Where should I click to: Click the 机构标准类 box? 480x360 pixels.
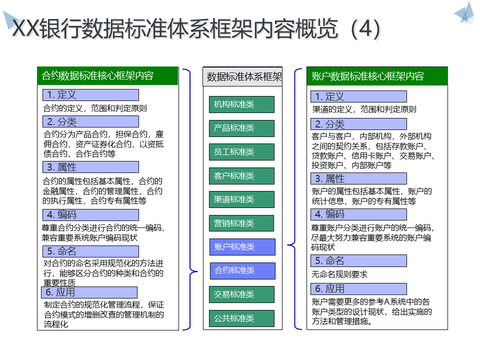click(x=241, y=104)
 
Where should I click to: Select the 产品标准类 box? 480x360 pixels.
click(x=241, y=128)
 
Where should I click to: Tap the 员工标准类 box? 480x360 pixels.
click(x=241, y=151)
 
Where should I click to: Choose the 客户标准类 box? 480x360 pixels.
click(x=241, y=175)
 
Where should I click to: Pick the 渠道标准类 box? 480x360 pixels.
click(x=241, y=199)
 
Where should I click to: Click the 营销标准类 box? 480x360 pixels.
click(x=241, y=223)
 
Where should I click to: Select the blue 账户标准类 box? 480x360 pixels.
click(x=242, y=246)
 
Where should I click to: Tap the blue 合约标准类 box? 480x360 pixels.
click(x=242, y=270)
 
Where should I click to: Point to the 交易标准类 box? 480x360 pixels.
click(x=241, y=294)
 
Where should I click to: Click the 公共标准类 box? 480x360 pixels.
click(x=241, y=318)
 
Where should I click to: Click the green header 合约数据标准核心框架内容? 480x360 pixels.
click(x=107, y=76)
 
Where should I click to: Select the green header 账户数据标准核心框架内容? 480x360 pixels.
click(x=377, y=76)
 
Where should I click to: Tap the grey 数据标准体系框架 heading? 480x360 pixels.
click(x=242, y=76)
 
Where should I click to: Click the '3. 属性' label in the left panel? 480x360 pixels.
click(x=90, y=167)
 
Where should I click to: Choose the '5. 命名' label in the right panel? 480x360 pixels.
click(x=358, y=260)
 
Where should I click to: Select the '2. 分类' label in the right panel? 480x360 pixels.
click(x=358, y=124)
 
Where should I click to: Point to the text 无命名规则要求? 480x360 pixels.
click(x=339, y=274)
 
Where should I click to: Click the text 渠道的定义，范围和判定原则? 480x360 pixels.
click(x=364, y=109)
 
